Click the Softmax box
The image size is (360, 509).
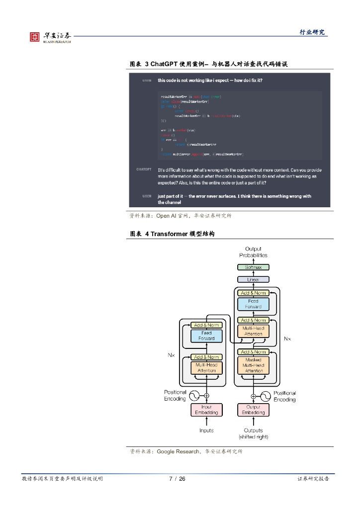pyautogui.click(x=253, y=267)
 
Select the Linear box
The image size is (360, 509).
pyautogui.click(x=253, y=279)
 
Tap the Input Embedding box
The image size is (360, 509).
pyautogui.click(x=206, y=410)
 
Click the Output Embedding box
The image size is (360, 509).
pyautogui.click(x=254, y=410)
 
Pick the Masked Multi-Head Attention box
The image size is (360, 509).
pyautogui.click(x=254, y=365)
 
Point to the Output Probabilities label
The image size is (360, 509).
pyautogui.click(x=253, y=252)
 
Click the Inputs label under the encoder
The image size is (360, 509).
pyautogui.click(x=206, y=430)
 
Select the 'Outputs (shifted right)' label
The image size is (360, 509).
pyautogui.click(x=254, y=433)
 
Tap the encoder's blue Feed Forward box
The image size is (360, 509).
pyautogui.click(x=206, y=336)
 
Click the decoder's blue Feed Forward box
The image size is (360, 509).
pyautogui.click(x=254, y=304)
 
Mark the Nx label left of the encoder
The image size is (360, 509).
pyautogui.click(x=171, y=355)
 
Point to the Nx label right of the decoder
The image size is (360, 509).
pyautogui.click(x=287, y=339)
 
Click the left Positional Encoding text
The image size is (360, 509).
pyautogui.click(x=175, y=395)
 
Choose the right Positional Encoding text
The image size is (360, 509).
pyautogui.click(x=284, y=396)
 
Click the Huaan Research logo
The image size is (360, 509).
pyautogui.click(x=50, y=37)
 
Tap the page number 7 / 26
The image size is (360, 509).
pyautogui.click(x=177, y=479)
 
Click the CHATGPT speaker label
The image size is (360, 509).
pyautogui.click(x=144, y=170)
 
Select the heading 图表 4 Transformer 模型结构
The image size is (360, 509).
pyautogui.click(x=172, y=234)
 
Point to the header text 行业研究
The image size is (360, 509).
pyautogui.click(x=312, y=32)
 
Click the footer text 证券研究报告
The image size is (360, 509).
pyautogui.click(x=313, y=479)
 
